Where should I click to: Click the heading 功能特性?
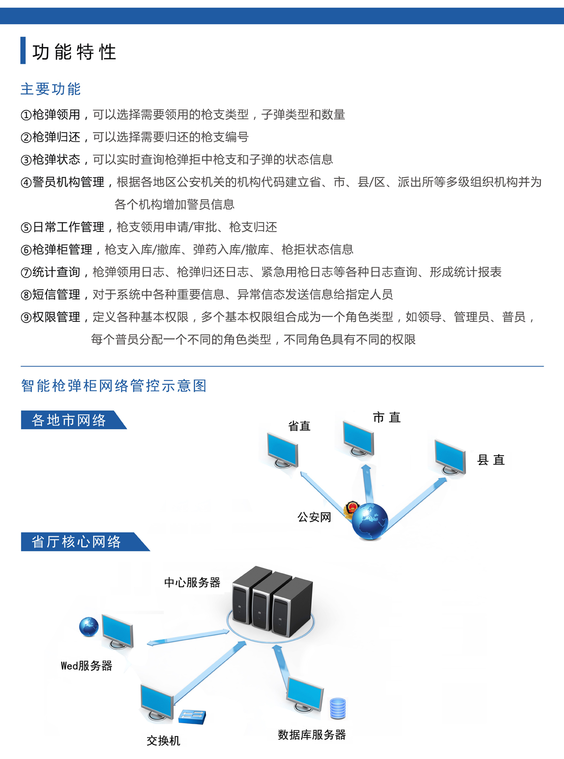pos(74,52)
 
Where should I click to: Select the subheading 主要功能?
pos(50,89)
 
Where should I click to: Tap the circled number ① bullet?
pos(26,115)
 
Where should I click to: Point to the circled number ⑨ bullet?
pos(26,318)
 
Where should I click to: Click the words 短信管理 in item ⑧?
pos(56,294)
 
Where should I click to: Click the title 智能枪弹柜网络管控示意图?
pos(114,386)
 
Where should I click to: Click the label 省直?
pos(299,426)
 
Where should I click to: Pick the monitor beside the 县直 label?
pos(450,457)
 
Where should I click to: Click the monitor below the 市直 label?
pos(359,439)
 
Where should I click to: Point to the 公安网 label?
pos(314,517)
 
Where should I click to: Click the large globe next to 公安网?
pos(370,521)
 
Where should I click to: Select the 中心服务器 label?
pos(192,582)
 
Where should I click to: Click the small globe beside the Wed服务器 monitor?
pos(89,627)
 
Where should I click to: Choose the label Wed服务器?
pos(86,666)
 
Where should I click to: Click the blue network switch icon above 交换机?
pos(192,716)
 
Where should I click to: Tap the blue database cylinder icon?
pos(338,708)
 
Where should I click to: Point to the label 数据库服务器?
pos(312,735)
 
